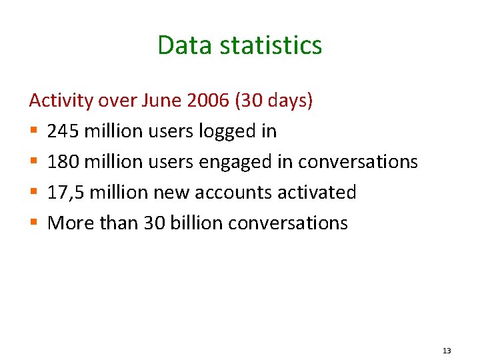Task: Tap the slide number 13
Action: [446, 351]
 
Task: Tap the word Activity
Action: [61, 101]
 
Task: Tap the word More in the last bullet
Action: [71, 223]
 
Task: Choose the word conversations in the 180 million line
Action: [358, 162]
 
